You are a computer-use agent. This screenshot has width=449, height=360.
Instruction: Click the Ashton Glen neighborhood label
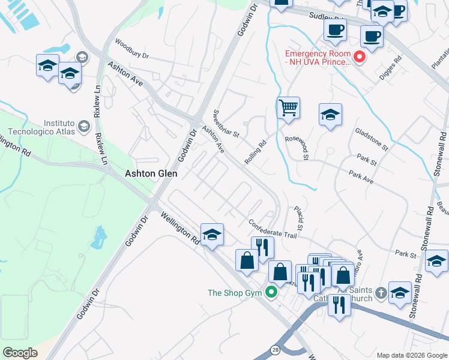click(152, 173)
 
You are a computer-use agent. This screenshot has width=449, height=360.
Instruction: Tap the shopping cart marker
click(289, 109)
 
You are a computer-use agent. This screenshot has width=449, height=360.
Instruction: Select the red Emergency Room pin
click(360, 57)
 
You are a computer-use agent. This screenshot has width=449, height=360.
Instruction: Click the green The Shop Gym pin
click(271, 293)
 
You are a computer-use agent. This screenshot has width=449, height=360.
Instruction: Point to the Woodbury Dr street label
click(131, 47)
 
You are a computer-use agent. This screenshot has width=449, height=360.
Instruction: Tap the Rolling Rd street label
click(255, 153)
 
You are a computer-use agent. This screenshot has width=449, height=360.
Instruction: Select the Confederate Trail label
click(273, 229)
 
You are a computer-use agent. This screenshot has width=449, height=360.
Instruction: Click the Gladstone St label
click(372, 139)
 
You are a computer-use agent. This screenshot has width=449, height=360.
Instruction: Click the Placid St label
click(300, 218)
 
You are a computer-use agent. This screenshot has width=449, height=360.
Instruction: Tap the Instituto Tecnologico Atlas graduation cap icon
click(84, 127)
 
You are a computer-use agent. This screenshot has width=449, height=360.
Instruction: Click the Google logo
click(19, 353)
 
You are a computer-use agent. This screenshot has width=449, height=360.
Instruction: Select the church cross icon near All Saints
click(381, 293)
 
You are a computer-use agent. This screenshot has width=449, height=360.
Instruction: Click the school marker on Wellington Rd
click(212, 235)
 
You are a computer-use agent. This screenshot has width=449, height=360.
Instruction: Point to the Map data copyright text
click(411, 355)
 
